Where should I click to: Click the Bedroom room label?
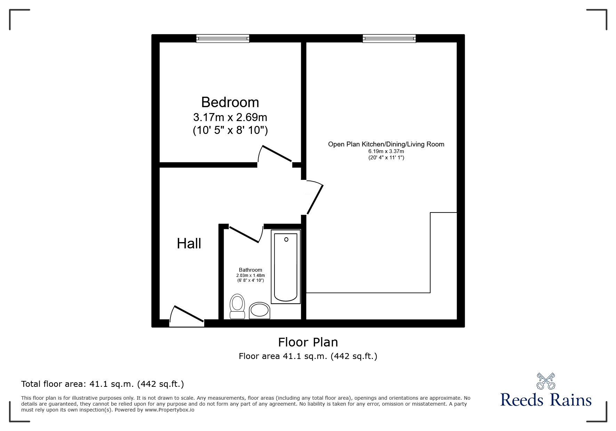click(230, 102)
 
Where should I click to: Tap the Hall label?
click(189, 244)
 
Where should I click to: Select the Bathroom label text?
click(250, 270)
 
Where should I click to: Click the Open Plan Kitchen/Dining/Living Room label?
click(386, 144)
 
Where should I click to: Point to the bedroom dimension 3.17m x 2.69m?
click(230, 117)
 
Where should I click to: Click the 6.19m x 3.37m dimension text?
click(386, 151)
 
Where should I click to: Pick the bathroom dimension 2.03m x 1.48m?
click(250, 276)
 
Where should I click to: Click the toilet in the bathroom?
click(238, 306)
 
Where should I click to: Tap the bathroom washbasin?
click(259, 310)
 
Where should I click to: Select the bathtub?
click(286, 267)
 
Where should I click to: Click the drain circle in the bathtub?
click(286, 239)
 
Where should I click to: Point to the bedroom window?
click(223, 38)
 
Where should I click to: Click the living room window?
click(389, 38)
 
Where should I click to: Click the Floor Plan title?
click(308, 342)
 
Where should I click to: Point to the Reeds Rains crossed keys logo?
click(546, 381)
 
